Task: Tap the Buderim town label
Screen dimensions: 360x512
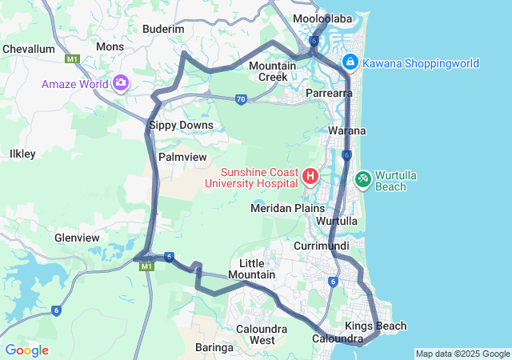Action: (163, 29)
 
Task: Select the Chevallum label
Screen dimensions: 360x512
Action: (29, 49)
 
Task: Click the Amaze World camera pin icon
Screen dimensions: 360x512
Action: (121, 82)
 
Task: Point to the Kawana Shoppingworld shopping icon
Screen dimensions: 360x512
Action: (350, 62)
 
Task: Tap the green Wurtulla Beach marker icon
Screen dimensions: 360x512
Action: (363, 177)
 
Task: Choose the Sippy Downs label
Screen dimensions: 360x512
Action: (181, 125)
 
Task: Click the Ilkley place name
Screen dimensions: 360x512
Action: (22, 153)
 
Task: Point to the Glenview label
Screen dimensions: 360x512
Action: (77, 238)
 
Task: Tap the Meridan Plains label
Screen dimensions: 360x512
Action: (287, 208)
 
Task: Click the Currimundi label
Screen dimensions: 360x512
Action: (318, 245)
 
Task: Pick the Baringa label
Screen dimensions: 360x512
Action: (214, 347)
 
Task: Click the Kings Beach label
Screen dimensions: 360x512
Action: (376, 326)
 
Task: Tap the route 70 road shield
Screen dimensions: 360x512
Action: (241, 99)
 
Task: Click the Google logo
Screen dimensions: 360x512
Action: (26, 350)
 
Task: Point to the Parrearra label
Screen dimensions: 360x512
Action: (330, 94)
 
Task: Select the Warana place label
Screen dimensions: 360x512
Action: (347, 130)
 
